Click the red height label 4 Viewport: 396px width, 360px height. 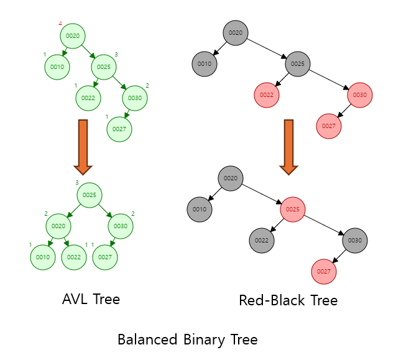coord(60,24)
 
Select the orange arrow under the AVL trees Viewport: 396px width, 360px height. coord(83,147)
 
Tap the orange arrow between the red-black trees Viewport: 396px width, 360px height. coord(289,147)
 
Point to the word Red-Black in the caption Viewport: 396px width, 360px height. coord(269,300)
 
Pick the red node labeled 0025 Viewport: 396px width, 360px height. coord(293,210)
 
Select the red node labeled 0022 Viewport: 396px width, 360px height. coord(267,95)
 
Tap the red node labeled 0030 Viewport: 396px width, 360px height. coord(360,95)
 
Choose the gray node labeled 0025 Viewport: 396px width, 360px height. coord(298,64)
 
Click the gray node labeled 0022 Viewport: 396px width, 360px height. coord(262,241)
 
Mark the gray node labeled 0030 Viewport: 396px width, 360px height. coord(355,241)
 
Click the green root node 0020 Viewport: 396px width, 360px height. coord(73,36)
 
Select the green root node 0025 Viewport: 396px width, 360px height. coord(90,195)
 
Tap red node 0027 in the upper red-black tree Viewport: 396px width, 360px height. coord(329,126)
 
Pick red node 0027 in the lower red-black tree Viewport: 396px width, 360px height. coord(324,272)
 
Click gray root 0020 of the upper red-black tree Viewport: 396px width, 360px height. coord(236,33)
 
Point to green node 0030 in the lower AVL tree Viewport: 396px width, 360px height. coord(121,226)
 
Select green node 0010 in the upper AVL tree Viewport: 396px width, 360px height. coord(57,67)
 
